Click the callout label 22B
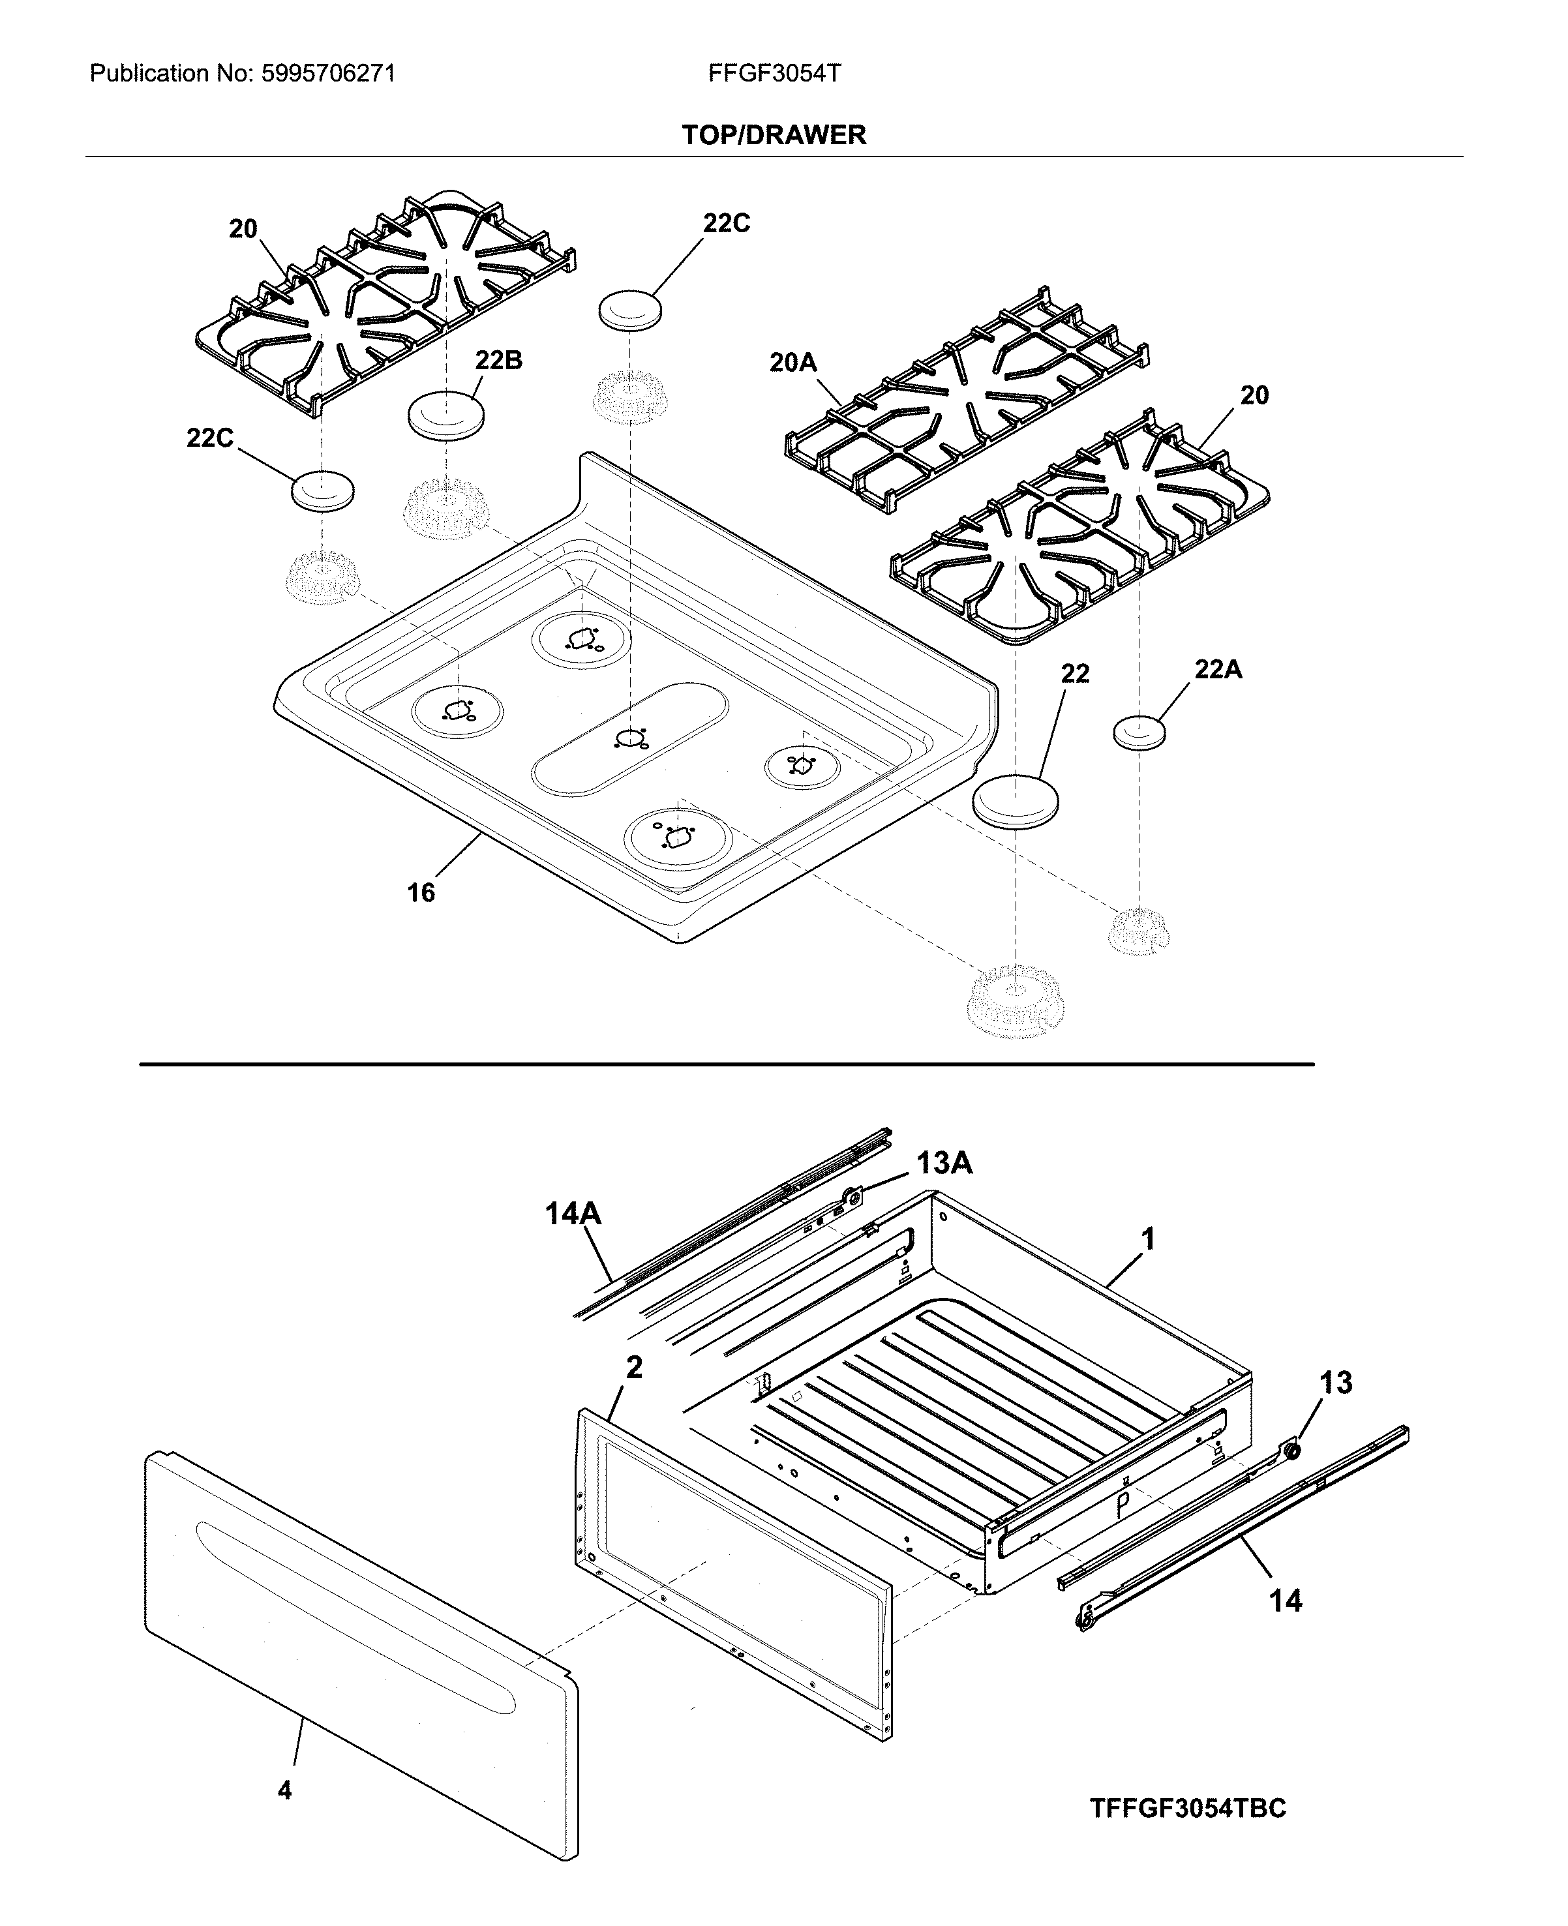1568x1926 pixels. pos(498,360)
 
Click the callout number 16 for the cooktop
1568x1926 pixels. pos(420,893)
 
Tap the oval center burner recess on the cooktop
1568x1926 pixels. pos(629,738)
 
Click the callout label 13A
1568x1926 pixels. pos(944,1164)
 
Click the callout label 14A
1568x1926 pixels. pos(573,1214)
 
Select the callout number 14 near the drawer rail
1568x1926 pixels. pos(1286,1601)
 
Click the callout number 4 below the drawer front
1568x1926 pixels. pos(284,1790)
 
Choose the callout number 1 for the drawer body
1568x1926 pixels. pos(1148,1240)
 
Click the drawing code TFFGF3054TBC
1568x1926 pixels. pos(1187,1809)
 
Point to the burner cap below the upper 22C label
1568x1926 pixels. pos(629,310)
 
